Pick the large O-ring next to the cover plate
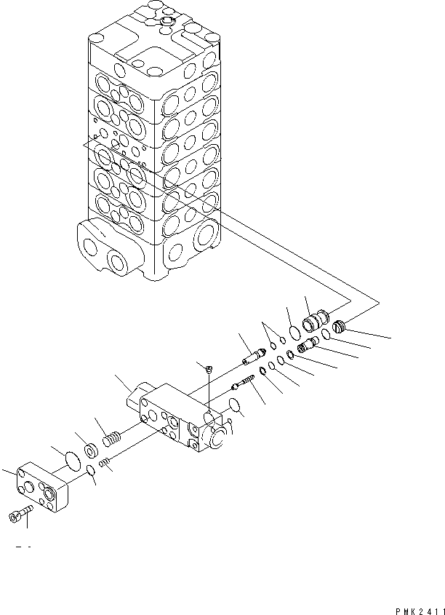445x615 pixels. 71,461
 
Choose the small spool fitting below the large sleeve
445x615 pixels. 306,342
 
